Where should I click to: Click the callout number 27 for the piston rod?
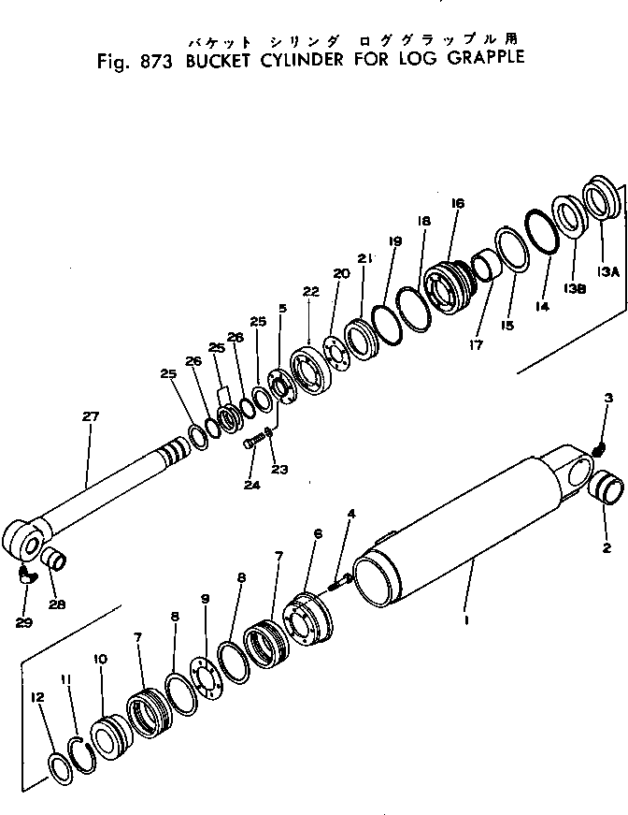point(91,415)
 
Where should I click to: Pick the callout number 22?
point(310,292)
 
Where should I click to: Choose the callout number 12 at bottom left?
point(37,696)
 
